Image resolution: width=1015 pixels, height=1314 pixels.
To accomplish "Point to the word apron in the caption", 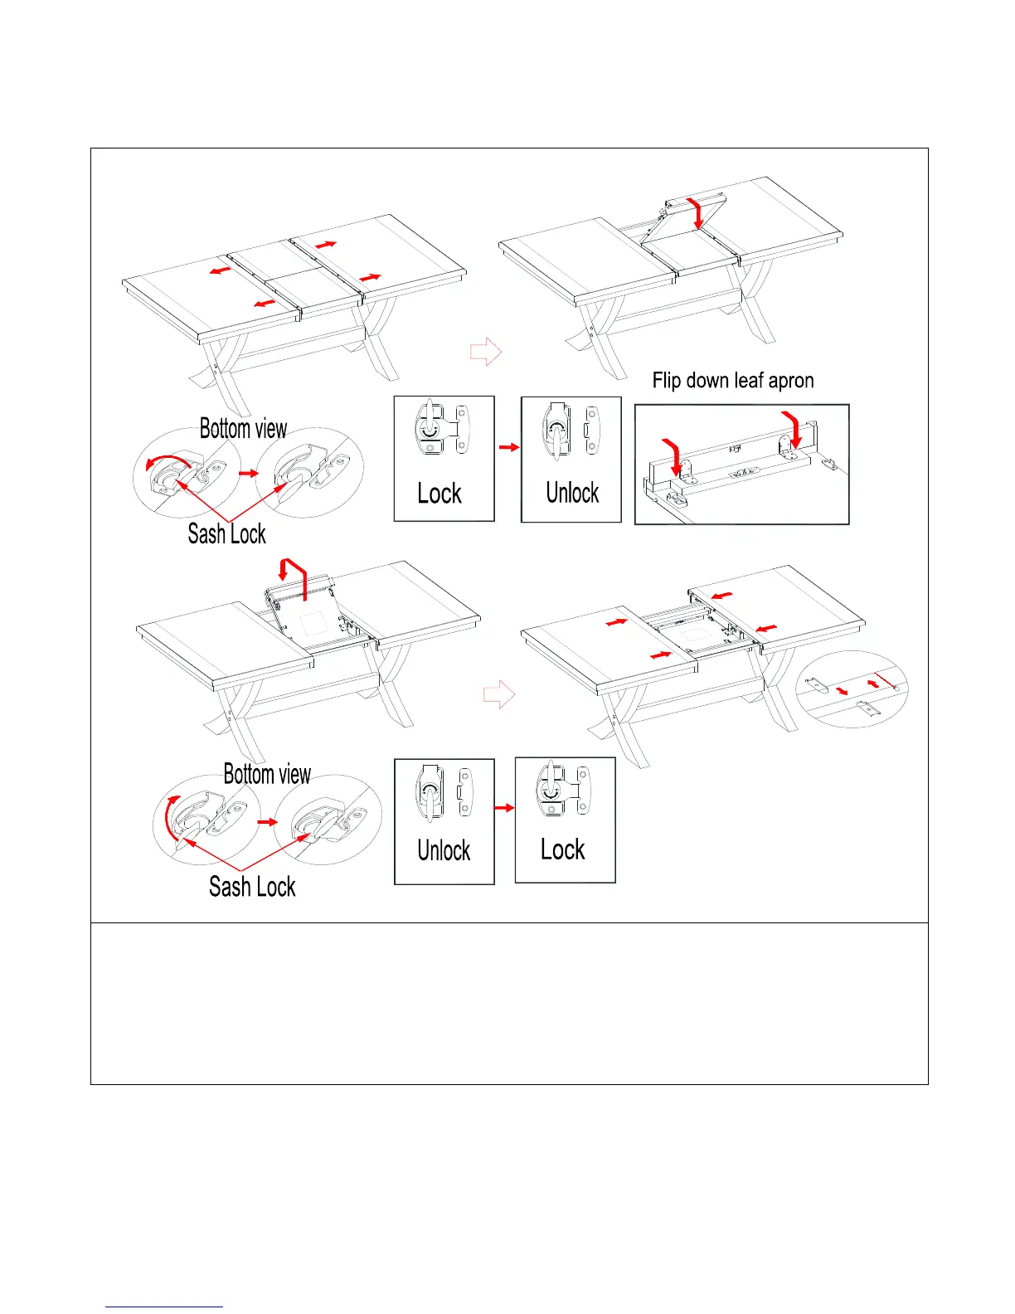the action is point(790,382).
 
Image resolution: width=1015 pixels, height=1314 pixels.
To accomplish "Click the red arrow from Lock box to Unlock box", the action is point(508,447).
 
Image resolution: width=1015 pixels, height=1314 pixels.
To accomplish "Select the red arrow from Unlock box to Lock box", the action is point(504,807).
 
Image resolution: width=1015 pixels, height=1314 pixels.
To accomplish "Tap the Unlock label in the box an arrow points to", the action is point(572,494).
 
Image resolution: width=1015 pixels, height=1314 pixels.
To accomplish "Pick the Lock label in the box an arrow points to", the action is point(563,850).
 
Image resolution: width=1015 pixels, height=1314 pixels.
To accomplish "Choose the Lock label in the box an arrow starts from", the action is point(440,494).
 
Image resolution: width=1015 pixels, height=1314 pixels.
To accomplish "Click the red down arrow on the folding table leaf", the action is point(698,213).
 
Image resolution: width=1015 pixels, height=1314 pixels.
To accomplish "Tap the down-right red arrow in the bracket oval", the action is point(842,691).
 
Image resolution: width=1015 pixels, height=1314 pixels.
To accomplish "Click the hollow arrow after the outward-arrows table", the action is point(486,352).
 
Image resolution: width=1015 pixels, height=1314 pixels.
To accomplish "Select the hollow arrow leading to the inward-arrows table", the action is point(499,694).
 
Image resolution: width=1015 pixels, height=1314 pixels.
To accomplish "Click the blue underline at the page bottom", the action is point(164,1307).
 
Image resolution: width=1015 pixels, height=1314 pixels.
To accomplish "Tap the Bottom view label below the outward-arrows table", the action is point(243,429).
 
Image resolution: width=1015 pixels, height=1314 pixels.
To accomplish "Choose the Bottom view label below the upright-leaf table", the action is point(267,775).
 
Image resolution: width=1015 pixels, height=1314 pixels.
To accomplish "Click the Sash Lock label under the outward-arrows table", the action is point(226,534).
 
